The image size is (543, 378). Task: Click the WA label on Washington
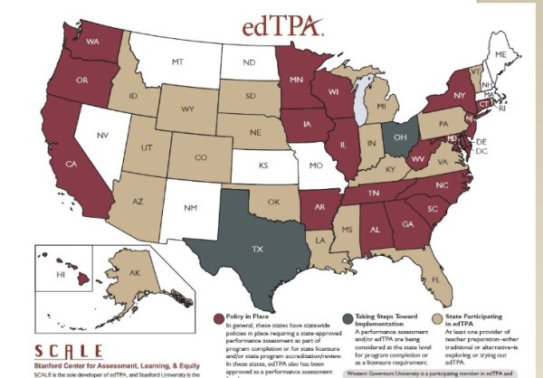92,42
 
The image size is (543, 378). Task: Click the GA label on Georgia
408,224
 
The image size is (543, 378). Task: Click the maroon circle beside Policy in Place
218,317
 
